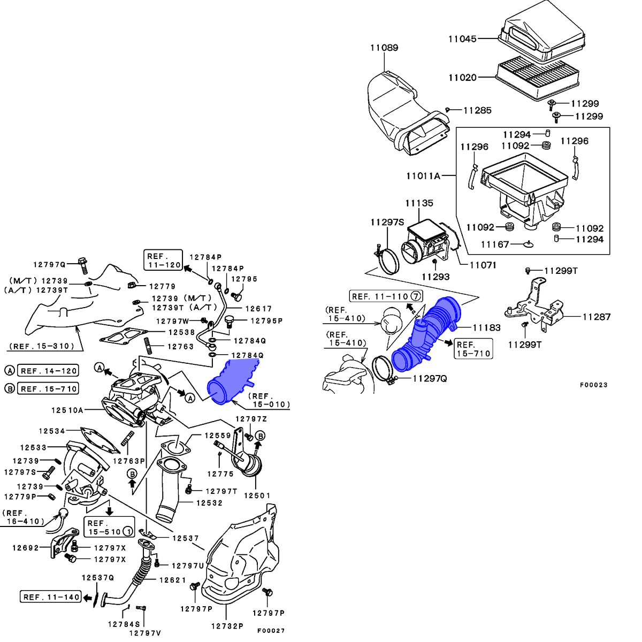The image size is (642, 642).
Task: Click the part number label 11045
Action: (462, 39)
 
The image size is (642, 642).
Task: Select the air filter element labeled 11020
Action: (538, 77)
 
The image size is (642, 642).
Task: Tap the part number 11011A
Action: (423, 175)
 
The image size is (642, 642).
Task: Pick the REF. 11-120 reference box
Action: (163, 261)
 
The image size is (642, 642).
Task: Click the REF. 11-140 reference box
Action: (51, 597)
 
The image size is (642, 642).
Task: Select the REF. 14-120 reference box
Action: (49, 371)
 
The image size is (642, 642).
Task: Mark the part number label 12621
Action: (172, 580)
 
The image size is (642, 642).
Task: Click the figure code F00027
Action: (271, 631)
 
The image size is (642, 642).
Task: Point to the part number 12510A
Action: (67, 410)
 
